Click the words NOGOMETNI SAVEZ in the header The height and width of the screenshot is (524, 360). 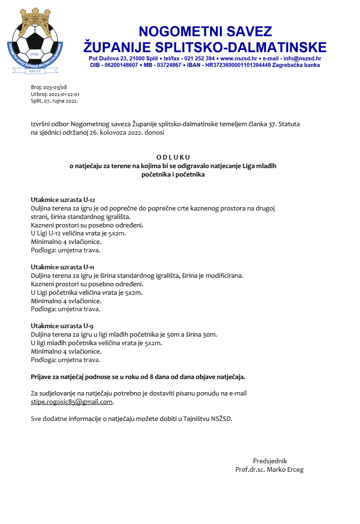pyautogui.click(x=205, y=32)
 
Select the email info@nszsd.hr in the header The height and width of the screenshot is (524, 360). pyautogui.click(x=302, y=58)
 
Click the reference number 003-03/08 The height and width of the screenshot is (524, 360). pyautogui.click(x=55, y=87)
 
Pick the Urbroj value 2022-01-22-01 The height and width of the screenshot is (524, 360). pyautogui.click(x=63, y=94)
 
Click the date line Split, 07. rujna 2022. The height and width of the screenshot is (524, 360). pyautogui.click(x=54, y=100)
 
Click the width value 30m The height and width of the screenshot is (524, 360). pyautogui.click(x=210, y=335)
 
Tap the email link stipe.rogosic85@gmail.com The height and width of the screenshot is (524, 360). pyautogui.click(x=72, y=402)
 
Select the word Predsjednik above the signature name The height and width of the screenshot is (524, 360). pyautogui.click(x=270, y=461)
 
